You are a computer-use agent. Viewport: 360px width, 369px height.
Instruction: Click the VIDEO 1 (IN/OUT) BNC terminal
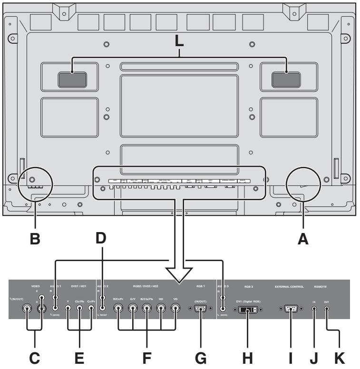(x=26, y=308)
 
